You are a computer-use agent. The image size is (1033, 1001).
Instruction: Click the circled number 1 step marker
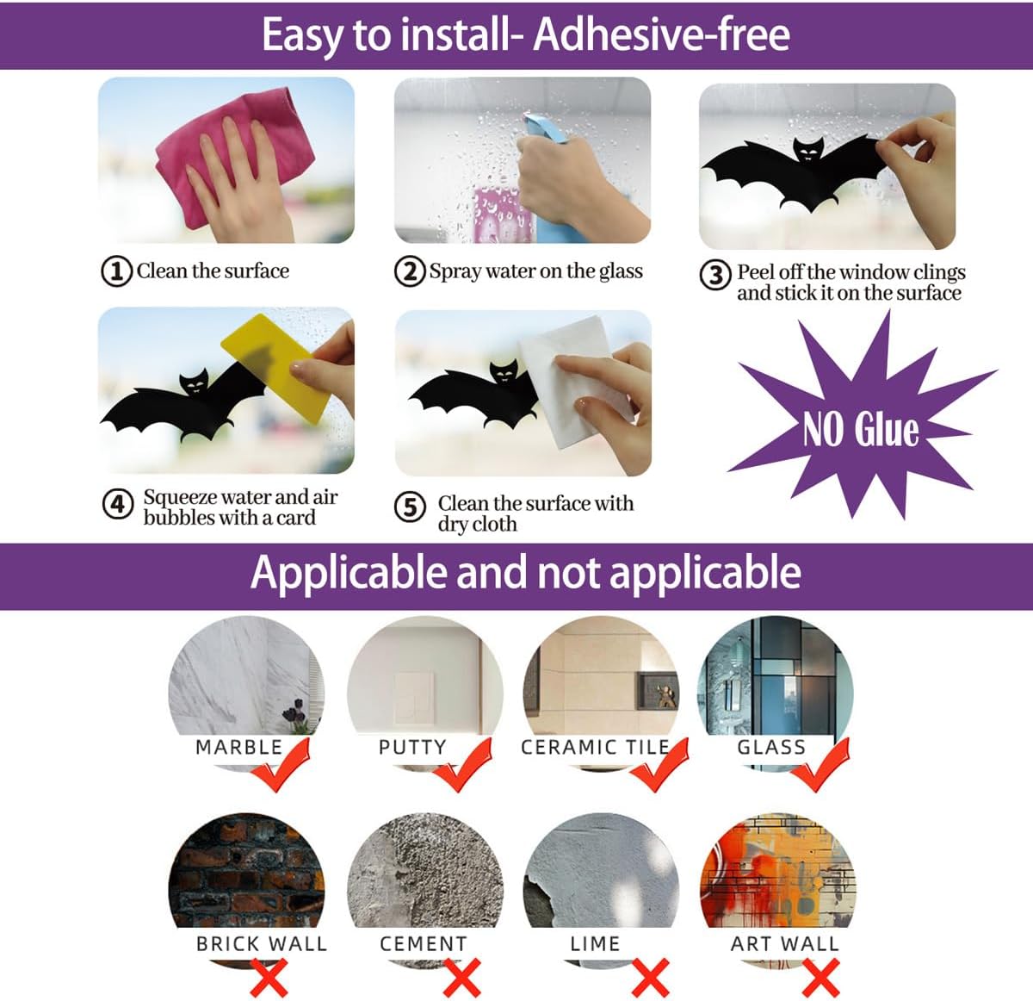click(x=116, y=271)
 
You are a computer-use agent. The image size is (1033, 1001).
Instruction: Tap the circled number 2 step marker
click(x=409, y=271)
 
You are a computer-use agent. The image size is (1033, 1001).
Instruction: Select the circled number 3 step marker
click(x=715, y=275)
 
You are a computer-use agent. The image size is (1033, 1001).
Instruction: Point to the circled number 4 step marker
click(x=117, y=504)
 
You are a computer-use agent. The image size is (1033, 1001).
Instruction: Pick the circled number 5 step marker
click(x=409, y=507)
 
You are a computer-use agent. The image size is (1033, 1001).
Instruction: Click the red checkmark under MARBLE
click(x=280, y=765)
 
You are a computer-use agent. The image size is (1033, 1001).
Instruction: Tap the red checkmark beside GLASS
click(x=820, y=765)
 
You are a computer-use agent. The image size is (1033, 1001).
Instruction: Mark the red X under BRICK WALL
click(x=269, y=978)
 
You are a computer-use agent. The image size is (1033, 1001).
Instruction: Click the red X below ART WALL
click(x=820, y=978)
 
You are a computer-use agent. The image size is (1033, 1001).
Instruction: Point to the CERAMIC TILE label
click(x=595, y=747)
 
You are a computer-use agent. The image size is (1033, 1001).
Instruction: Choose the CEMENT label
click(x=424, y=943)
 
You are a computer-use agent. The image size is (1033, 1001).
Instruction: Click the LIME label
click(x=595, y=943)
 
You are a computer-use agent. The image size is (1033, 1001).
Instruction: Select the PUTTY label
click(x=412, y=747)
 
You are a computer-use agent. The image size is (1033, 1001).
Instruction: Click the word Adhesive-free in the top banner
click(x=662, y=34)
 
